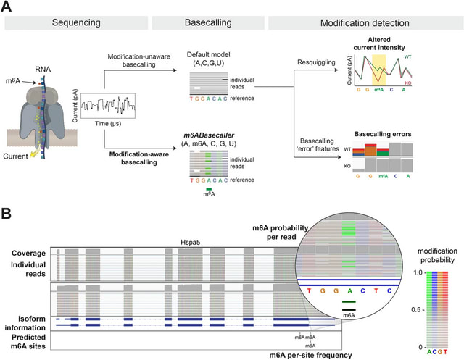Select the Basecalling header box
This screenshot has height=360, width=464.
209,25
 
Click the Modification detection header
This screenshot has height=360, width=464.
360,25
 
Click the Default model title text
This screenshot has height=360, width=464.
209,55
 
